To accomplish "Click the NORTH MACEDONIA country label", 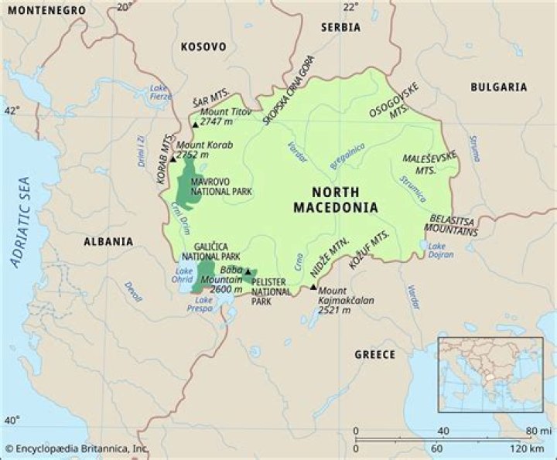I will [x=336, y=199].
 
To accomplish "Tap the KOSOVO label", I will [x=203, y=47].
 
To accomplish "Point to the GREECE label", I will [x=374, y=354].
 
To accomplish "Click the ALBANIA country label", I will [x=108, y=241].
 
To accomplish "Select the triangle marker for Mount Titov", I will [x=195, y=124].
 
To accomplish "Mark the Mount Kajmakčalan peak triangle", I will [x=313, y=288].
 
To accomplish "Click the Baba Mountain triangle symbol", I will [x=248, y=272].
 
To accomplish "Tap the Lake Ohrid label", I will [x=183, y=274].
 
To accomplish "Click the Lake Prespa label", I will [x=203, y=303].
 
